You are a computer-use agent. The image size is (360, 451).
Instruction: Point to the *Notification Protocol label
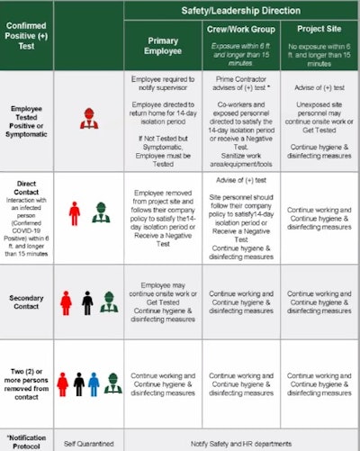tap(27, 438)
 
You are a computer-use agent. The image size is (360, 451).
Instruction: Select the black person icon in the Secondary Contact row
tap(87, 302)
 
